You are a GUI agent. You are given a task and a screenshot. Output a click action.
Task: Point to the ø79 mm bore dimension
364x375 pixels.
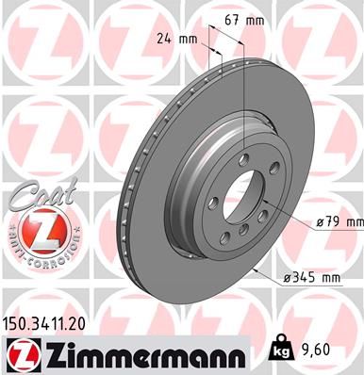pos(338,221)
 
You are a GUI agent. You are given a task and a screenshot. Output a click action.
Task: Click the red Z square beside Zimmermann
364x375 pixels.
pos(19,355)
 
